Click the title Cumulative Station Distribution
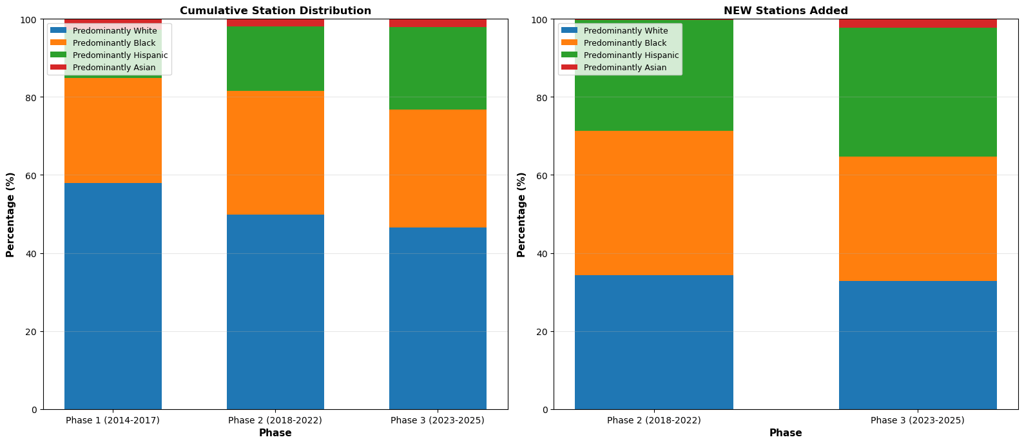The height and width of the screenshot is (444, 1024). coord(275,11)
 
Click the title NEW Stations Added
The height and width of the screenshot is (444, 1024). coord(786,11)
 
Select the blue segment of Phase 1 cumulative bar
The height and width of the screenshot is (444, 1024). coord(113,296)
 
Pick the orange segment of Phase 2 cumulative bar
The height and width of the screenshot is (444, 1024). coord(275,153)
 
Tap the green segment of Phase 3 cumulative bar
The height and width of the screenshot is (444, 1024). coord(438,68)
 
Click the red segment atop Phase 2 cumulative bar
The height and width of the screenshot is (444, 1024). coord(275,23)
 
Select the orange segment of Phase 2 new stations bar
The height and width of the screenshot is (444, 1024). coord(653,203)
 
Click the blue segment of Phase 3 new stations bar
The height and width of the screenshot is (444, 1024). coord(918,345)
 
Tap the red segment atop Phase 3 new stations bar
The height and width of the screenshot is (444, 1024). coord(918,23)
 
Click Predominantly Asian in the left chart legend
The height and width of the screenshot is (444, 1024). coord(113,68)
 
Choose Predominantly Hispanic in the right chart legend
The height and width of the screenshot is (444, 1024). coord(631,55)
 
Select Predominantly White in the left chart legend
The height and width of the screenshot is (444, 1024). coord(114,31)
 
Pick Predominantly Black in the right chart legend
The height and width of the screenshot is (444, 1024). coord(624,43)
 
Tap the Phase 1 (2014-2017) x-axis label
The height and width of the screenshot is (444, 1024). coord(113,420)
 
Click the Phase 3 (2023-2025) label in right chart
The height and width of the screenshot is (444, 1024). coord(918,420)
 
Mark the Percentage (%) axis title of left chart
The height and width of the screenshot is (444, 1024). coord(10,215)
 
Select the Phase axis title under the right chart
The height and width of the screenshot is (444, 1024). coord(786,433)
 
